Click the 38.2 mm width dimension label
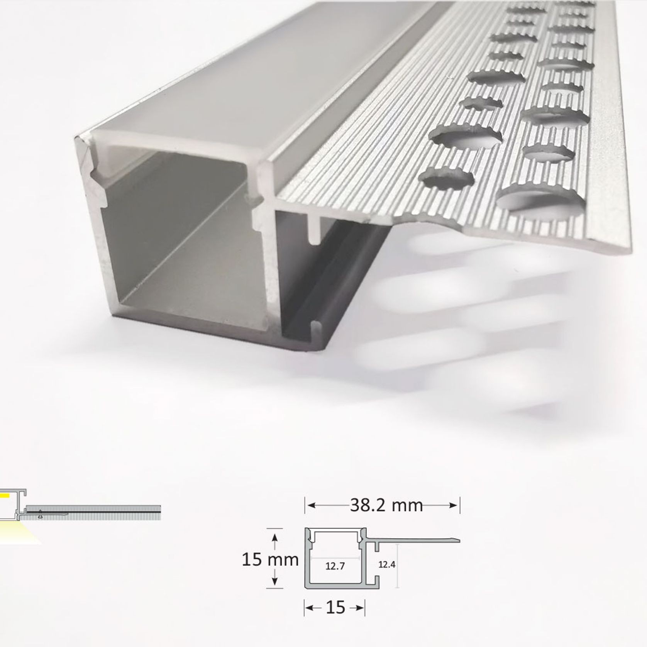point(386,505)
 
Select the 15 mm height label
point(270,560)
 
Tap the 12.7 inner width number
point(335,567)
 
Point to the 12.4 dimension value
point(387,564)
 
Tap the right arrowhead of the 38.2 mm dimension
point(453,505)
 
